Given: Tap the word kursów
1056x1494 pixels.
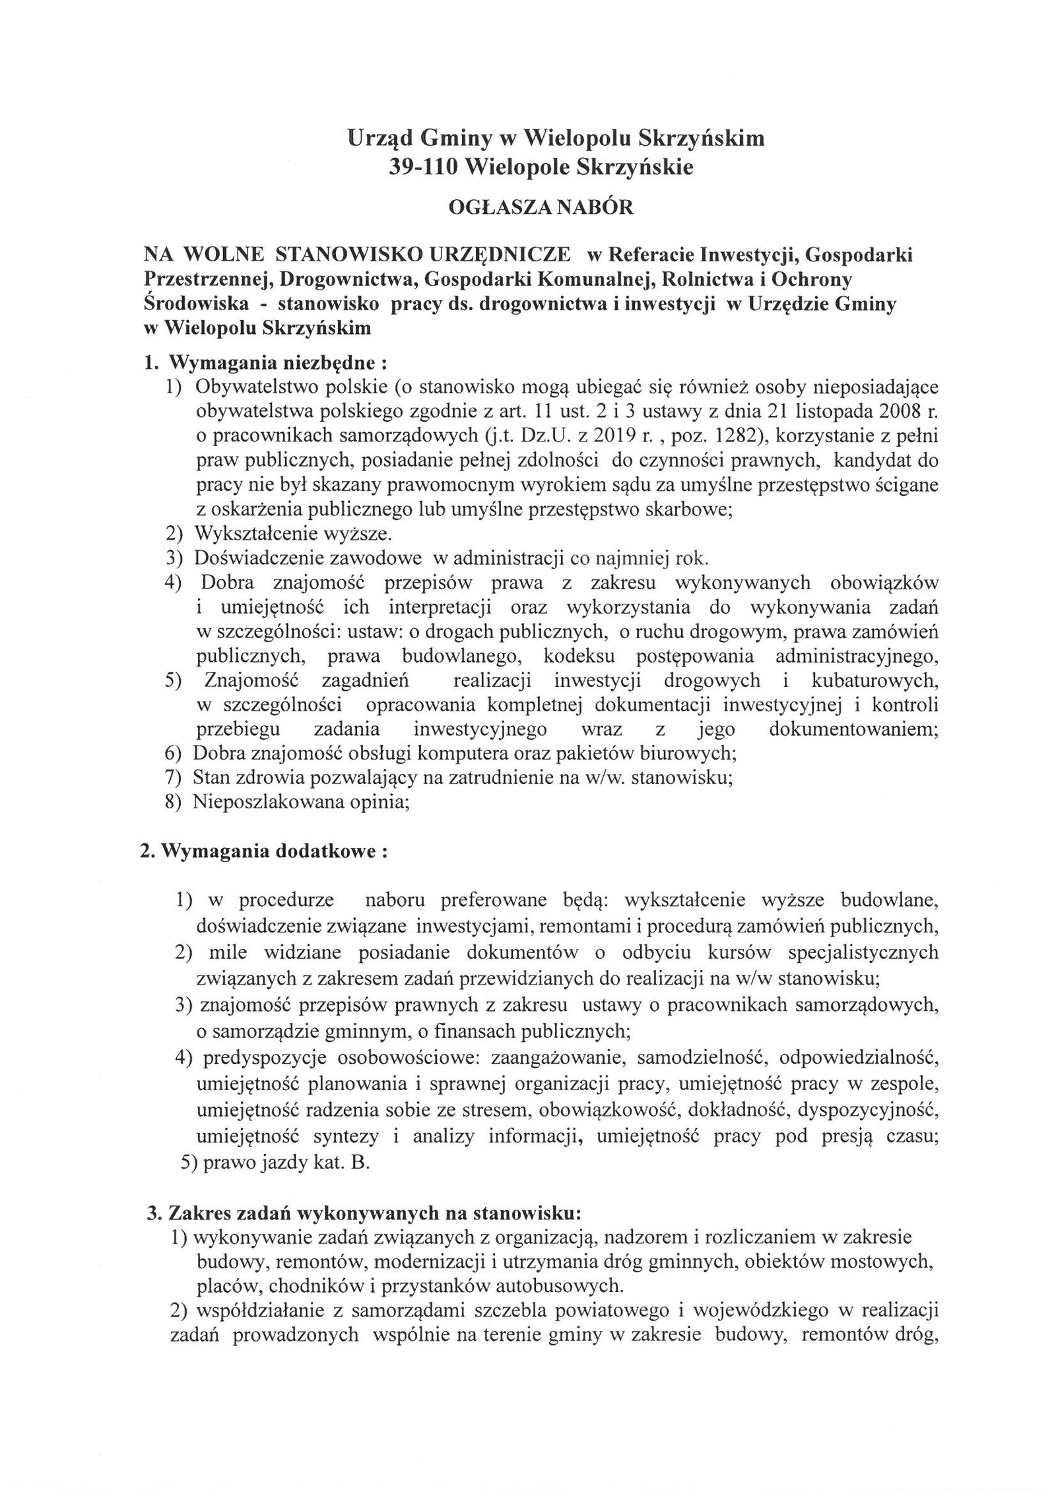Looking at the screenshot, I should [x=742, y=952].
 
